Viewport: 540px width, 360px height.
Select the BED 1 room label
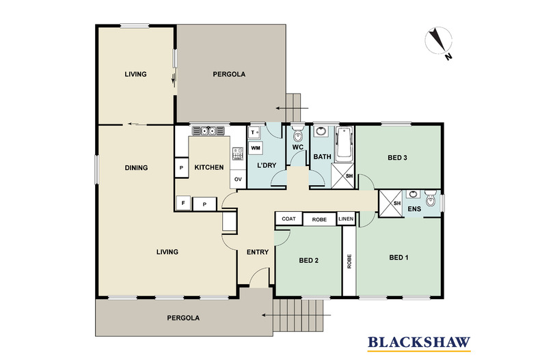(399, 258)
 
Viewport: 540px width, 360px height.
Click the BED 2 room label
(309, 260)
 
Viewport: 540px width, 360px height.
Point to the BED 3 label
(398, 158)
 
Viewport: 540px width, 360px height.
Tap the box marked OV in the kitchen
(238, 180)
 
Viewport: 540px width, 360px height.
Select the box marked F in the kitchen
(183, 203)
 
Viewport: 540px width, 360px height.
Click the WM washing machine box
(255, 148)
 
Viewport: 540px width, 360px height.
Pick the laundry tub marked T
(254, 133)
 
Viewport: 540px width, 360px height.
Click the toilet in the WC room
(297, 132)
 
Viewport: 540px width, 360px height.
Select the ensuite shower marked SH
(390, 202)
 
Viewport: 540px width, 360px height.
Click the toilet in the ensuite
(429, 200)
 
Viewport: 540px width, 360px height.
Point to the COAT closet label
(288, 219)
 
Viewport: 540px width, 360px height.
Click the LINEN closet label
(346, 219)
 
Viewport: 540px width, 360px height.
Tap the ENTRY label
(258, 252)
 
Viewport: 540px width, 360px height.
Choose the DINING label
(137, 167)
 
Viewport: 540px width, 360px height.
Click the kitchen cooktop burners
(237, 154)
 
